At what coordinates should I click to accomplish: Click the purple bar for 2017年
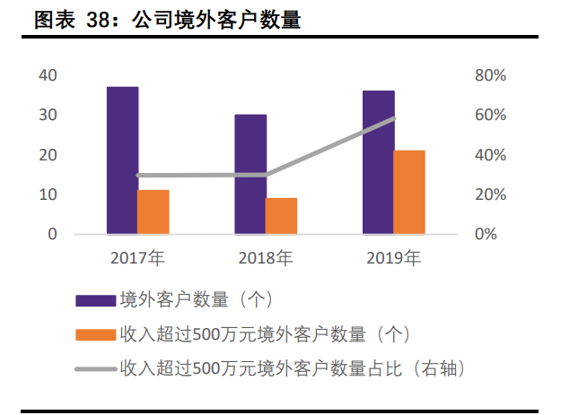[x=122, y=160]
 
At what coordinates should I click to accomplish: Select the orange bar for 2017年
[x=153, y=212]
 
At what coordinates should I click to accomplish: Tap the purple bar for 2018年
[x=250, y=174]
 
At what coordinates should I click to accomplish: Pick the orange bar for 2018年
[x=281, y=216]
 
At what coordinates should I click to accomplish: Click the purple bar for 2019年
[x=378, y=162]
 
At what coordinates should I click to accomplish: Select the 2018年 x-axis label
[x=266, y=259]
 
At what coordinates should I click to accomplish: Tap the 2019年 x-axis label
[x=394, y=259]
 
